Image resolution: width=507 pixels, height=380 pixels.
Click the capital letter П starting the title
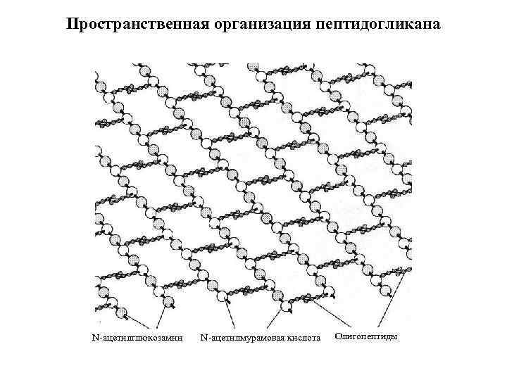[72, 24]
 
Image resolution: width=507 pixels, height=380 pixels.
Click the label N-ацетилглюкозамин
[138, 340]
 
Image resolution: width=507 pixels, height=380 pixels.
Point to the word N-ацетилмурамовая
[240, 340]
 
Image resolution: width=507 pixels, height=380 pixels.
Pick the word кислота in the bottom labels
[301, 340]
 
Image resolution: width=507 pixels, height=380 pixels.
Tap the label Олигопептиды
[366, 337]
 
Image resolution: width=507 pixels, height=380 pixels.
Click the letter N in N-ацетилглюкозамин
[96, 340]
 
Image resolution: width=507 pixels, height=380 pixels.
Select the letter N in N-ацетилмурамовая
[204, 340]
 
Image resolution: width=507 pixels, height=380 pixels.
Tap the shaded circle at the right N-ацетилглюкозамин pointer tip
[169, 303]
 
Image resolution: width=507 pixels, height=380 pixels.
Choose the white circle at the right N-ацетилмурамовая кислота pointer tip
[286, 308]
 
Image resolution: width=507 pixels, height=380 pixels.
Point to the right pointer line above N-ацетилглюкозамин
[160, 317]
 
